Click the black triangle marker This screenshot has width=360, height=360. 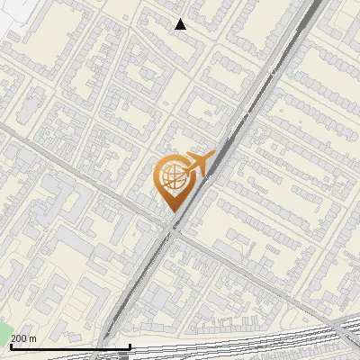(181, 24)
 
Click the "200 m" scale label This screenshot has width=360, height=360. (23, 338)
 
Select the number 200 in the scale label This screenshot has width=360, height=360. (19, 338)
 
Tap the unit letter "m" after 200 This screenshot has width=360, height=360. (33, 338)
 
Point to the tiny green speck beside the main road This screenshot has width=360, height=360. (293, 76)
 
